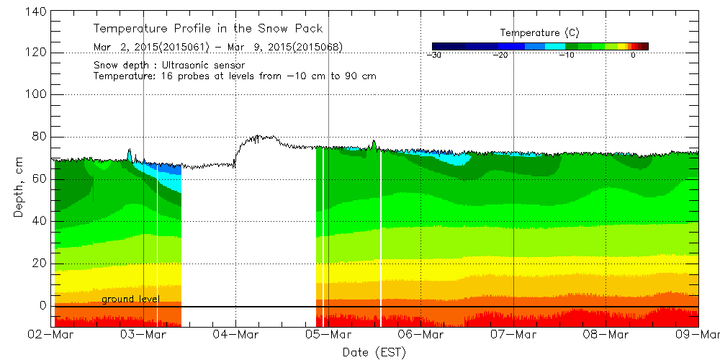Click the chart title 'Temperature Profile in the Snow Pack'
[208, 29]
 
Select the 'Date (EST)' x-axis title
[374, 352]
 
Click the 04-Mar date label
[235, 335]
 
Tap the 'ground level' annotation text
[130, 299]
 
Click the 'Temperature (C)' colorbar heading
[539, 33]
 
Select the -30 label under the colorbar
[433, 55]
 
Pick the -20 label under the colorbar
[501, 55]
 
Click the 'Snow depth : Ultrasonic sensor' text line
[170, 65]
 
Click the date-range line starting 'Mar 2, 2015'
[217, 48]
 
